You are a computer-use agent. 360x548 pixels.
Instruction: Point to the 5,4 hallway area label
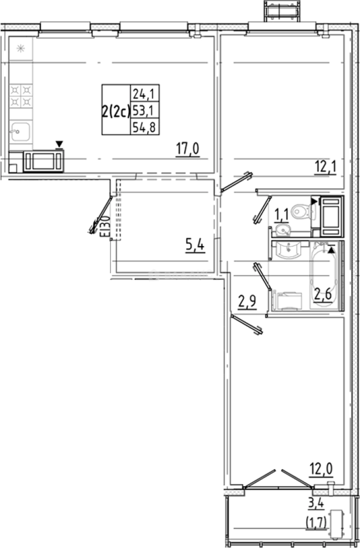[195, 247]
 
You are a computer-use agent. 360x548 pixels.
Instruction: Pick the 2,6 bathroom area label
[323, 294]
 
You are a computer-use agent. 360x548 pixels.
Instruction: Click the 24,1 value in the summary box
[144, 93]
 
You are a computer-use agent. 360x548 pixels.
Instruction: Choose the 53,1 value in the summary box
[144, 110]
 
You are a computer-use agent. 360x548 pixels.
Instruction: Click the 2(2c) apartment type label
[116, 110]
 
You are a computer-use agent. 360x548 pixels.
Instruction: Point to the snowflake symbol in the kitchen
[21, 49]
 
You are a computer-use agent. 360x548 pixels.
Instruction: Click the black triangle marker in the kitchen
[59, 145]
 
